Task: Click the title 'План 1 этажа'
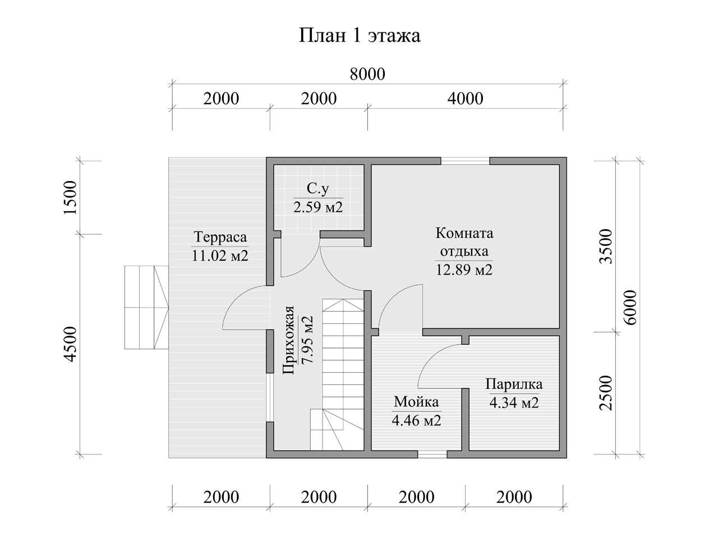[360, 36]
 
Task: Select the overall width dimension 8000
[367, 74]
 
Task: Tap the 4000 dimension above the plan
[465, 99]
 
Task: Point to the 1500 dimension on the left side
[71, 197]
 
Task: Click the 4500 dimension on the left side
[71, 344]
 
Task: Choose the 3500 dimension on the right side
[605, 246]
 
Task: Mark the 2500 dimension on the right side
[605, 393]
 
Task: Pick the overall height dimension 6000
[630, 308]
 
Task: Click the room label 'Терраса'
[220, 237]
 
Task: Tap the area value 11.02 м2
[220, 256]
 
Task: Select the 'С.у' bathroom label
[318, 188]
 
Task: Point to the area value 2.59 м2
[318, 207]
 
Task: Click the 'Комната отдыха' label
[464, 242]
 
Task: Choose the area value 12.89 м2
[464, 270]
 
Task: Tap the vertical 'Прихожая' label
[288, 340]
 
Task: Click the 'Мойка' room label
[416, 402]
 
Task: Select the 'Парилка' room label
[514, 384]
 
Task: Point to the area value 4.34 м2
[514, 403]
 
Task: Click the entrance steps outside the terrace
[146, 308]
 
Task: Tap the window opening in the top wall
[465, 161]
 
